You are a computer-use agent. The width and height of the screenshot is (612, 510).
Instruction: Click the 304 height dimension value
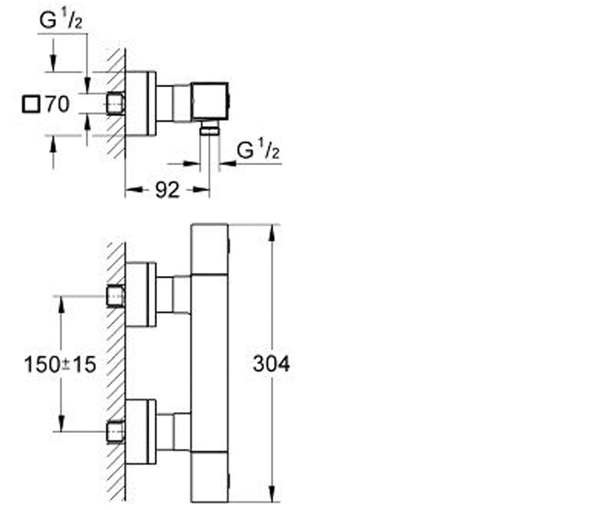(271, 364)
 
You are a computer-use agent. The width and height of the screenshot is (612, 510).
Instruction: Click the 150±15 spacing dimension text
(60, 365)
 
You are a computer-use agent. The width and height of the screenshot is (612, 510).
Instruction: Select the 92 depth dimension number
(167, 190)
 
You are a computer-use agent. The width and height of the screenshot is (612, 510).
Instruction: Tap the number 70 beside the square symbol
(58, 104)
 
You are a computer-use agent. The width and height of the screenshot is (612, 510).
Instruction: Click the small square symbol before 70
(31, 104)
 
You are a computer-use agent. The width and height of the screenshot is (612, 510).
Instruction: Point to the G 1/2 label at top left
(61, 20)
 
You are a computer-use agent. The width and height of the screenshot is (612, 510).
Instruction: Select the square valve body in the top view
(210, 101)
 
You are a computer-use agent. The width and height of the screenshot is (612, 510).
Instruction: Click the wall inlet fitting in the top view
(115, 104)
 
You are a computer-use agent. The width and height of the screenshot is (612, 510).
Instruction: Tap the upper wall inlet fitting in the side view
(115, 296)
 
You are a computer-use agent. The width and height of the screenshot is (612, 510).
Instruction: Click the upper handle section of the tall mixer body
(210, 249)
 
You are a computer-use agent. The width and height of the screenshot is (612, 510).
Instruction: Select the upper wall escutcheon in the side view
(141, 294)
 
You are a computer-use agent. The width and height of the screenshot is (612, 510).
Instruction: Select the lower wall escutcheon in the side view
(141, 432)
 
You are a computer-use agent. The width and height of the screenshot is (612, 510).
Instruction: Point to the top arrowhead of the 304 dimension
(272, 233)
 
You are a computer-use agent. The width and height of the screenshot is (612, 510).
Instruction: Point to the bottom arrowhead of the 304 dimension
(272, 494)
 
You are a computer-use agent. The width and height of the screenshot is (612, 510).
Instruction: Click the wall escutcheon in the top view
(141, 104)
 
